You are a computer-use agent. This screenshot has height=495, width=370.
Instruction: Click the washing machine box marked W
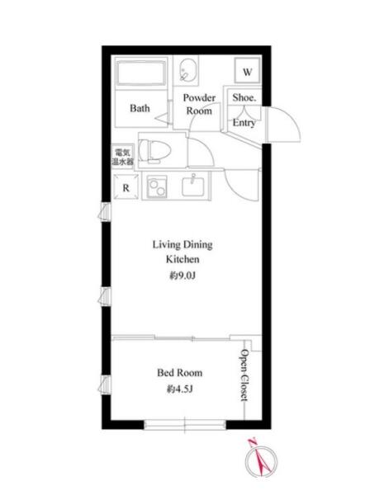point(248,71)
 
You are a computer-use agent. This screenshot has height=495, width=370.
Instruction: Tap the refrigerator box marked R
point(126,187)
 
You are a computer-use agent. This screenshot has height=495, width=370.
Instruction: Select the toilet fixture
point(154,151)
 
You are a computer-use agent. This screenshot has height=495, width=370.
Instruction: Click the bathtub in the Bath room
point(141,73)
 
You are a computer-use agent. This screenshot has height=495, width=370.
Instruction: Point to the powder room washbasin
point(188,71)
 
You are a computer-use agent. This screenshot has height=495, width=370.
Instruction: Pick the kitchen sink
point(193,186)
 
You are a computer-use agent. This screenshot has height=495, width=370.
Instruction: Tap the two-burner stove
point(157,187)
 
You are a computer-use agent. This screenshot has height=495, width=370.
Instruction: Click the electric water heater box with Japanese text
point(122,157)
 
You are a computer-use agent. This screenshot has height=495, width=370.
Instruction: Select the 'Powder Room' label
point(199,104)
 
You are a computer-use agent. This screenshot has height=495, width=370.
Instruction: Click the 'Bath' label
point(140,108)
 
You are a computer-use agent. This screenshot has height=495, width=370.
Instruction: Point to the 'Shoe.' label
point(244,97)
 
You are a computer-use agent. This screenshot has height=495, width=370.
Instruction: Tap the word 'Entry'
point(244,122)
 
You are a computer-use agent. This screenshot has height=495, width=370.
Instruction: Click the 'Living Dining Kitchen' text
point(183,252)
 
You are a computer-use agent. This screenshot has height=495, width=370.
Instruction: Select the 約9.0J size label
point(183,276)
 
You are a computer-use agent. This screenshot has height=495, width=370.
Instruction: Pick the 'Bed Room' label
point(179,373)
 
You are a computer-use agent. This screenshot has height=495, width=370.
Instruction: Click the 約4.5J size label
point(179,389)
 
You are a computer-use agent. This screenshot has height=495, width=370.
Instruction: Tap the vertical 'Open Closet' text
point(244,375)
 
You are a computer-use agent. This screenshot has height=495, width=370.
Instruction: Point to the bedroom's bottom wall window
point(185,425)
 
